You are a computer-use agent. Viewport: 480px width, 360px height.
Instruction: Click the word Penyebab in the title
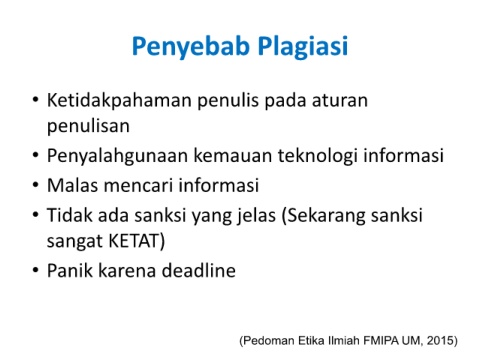point(191,46)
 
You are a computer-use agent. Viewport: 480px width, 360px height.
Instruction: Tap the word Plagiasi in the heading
point(303,46)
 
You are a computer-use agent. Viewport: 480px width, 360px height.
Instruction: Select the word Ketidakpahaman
point(119,101)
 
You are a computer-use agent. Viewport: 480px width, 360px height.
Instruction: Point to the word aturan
point(340,101)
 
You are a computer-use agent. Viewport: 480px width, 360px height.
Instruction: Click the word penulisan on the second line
point(88,127)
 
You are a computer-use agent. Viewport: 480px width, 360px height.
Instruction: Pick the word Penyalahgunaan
point(117,156)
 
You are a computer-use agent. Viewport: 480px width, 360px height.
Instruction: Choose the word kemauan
point(233,156)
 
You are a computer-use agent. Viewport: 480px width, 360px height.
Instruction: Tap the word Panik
point(70,270)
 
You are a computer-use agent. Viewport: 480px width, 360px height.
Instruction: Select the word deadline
point(199,270)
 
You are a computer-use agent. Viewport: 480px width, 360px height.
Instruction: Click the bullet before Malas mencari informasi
point(36,185)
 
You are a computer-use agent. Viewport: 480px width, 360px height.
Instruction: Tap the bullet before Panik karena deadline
point(36,270)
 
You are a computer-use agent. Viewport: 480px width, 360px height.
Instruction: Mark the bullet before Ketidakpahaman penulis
point(36,100)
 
